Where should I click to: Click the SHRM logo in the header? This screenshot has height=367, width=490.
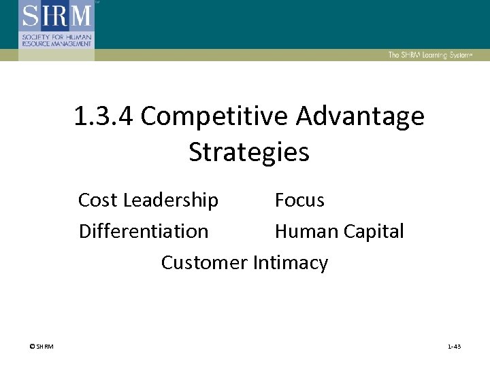(56, 27)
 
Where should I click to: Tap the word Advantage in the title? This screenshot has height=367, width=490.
(360, 117)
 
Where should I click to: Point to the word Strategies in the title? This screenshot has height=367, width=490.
(248, 152)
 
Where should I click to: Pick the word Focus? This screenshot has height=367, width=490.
(299, 200)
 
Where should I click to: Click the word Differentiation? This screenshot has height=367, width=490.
(144, 231)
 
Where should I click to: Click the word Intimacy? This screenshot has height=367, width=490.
(291, 262)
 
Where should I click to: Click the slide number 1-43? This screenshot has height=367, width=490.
(454, 347)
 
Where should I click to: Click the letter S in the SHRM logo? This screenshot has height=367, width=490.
(31, 15)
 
